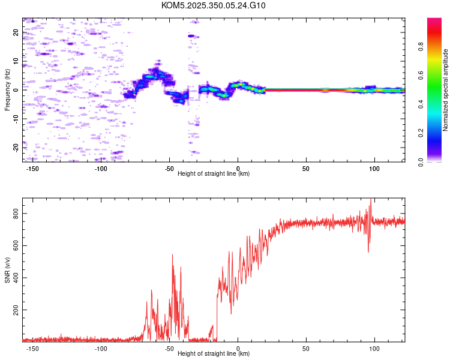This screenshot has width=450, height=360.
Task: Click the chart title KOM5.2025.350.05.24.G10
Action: pos(214,5)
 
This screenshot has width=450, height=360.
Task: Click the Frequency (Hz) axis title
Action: pos(8,90)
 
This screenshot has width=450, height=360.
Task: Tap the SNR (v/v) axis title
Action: pos(8,270)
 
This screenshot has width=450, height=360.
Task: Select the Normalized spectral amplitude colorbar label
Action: pos(446,90)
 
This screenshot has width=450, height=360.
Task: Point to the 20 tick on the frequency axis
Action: pos(16,32)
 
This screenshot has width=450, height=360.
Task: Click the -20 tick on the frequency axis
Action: pos(16,147)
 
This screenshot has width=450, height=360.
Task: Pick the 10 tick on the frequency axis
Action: pos(16,61)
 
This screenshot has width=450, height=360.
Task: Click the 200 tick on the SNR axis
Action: pos(16,310)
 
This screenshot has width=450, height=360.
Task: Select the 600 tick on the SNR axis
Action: pos(16,245)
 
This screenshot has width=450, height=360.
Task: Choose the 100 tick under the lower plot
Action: pos(374,347)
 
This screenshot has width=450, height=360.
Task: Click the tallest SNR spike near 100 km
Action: pos(371,199)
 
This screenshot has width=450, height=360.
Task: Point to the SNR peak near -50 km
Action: pos(173,255)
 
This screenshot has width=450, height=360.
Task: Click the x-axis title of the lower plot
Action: pos(214,354)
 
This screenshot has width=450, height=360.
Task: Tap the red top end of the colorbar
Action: pos(434,20)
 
